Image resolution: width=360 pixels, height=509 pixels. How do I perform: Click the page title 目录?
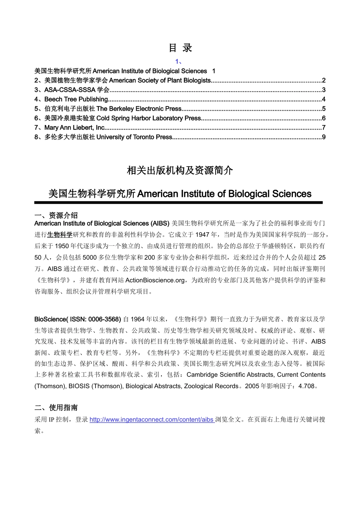[x=180, y=48]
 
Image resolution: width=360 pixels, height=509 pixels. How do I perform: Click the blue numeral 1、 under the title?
[x=179, y=62]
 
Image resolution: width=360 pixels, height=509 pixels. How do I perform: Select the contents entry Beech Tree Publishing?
[x=76, y=99]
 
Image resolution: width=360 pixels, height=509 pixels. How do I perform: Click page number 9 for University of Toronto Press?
[x=324, y=137]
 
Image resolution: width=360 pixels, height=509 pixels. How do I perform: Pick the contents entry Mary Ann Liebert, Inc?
[x=75, y=128]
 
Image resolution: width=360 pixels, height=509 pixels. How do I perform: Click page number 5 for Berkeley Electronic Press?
[x=324, y=109]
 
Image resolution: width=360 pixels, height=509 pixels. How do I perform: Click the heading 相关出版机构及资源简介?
[x=180, y=171]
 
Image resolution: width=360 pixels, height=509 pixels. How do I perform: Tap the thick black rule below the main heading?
[x=178, y=203]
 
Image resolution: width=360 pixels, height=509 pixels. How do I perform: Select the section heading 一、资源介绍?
[x=56, y=215]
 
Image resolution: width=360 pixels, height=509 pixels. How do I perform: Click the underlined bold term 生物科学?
[x=59, y=235]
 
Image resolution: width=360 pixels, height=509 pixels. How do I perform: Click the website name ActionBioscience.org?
[x=155, y=280]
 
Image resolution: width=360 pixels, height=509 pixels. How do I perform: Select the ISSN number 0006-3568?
[x=105, y=319]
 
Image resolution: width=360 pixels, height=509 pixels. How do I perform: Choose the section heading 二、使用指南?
[x=56, y=408]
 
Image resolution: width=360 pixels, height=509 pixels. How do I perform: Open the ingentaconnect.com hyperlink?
[x=152, y=420]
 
